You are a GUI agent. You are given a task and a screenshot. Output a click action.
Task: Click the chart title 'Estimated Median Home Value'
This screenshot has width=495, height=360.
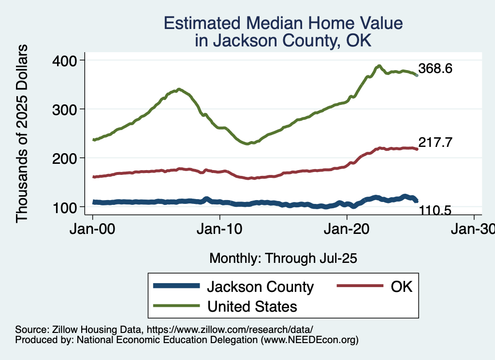click(x=283, y=24)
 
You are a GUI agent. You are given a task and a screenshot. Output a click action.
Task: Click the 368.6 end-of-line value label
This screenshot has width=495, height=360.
click(x=435, y=69)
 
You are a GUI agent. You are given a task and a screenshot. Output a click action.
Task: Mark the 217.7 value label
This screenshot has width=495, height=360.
click(x=435, y=143)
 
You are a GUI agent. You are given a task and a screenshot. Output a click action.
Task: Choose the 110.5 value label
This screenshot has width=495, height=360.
click(x=435, y=211)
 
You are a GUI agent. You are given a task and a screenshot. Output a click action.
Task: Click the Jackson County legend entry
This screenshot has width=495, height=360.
click(x=260, y=287)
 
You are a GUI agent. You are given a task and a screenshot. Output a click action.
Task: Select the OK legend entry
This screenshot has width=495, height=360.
click(x=401, y=287)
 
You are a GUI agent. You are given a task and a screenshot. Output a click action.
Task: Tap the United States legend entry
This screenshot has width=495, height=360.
click(x=251, y=306)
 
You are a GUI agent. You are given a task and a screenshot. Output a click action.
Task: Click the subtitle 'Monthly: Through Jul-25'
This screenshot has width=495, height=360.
click(x=283, y=259)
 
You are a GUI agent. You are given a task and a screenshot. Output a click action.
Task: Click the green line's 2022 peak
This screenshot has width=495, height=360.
click(x=379, y=66)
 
